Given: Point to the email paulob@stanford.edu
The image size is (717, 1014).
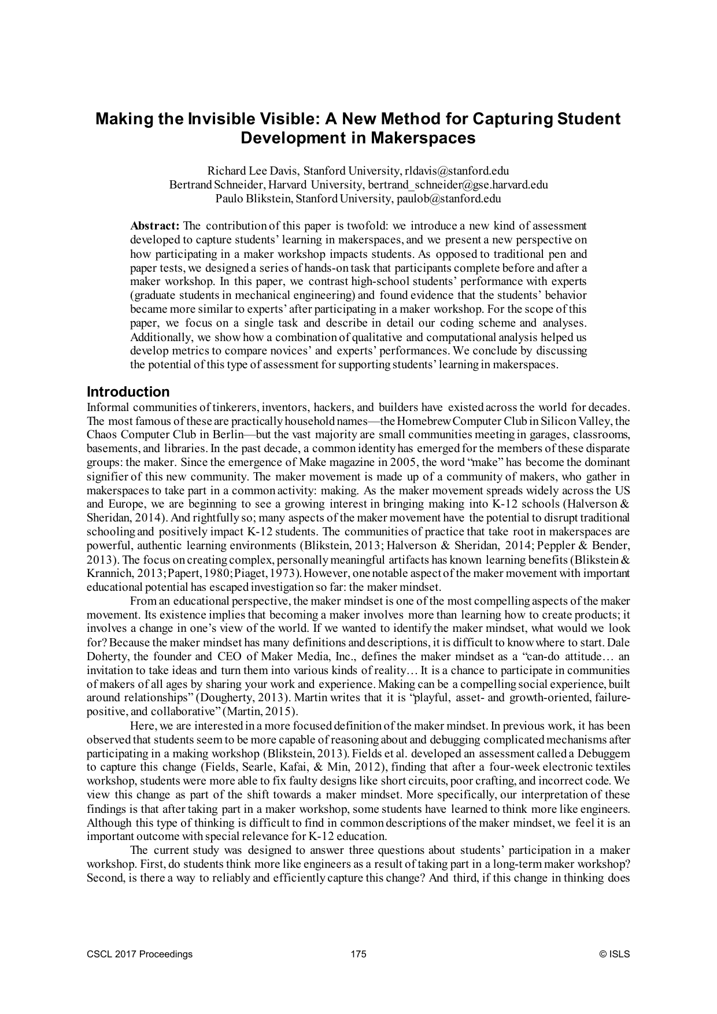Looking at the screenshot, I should [449, 199].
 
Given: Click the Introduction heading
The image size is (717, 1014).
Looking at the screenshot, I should [128, 392].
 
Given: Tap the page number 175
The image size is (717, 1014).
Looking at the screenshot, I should [358, 954].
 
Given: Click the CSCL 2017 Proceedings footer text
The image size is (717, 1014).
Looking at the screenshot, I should [139, 954].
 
